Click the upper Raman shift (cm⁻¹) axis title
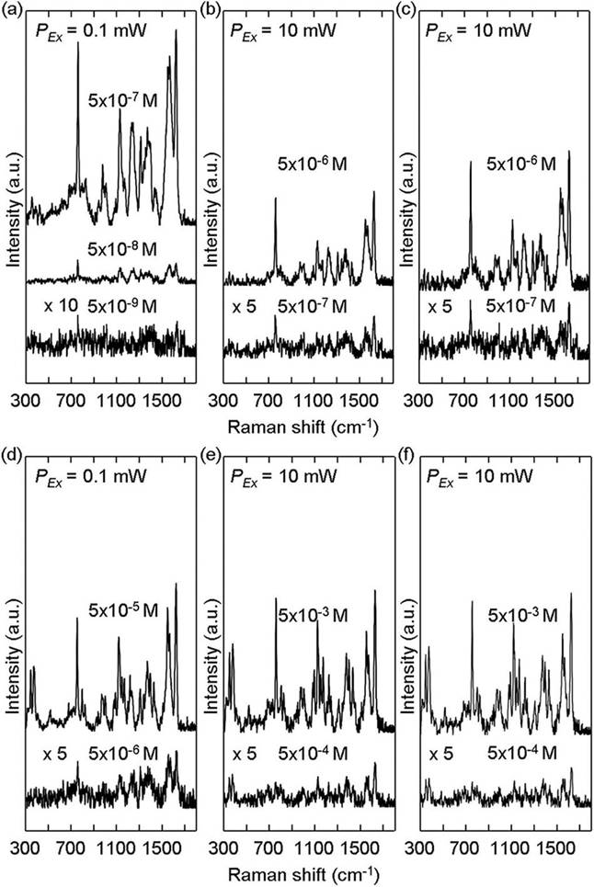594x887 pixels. [x=298, y=426]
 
